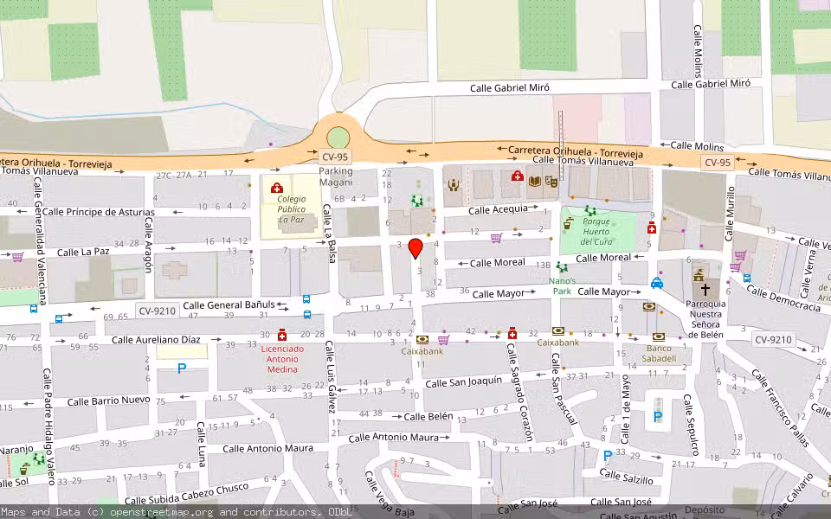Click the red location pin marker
(415, 248)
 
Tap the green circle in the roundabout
(338, 138)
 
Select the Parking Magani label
(336, 176)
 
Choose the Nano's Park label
(562, 285)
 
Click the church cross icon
(705, 290)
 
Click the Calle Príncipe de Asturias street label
(98, 212)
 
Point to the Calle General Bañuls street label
(229, 305)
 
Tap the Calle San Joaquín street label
(464, 382)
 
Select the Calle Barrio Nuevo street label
(108, 401)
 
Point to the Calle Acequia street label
(498, 209)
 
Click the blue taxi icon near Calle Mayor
(657, 283)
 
